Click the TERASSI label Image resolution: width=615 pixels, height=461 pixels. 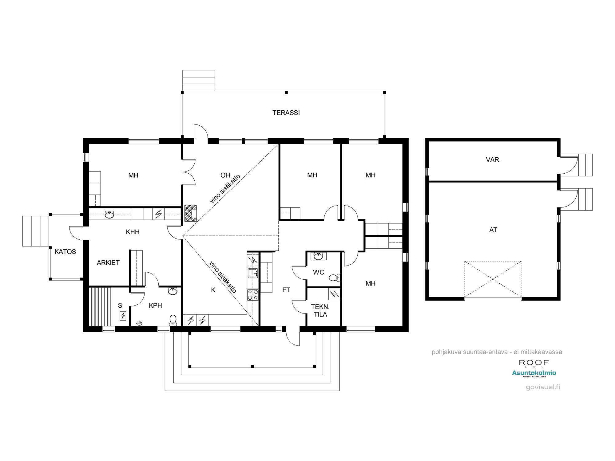[286, 113]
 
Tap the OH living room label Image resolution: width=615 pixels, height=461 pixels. [225, 175]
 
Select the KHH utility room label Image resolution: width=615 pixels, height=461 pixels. [133, 232]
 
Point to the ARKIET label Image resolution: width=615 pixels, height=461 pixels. [108, 263]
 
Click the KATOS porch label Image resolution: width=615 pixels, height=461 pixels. [65, 252]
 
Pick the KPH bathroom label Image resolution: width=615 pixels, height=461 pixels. [155, 305]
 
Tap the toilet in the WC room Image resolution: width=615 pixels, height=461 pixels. [335, 278]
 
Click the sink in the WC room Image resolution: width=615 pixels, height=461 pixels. [318, 256]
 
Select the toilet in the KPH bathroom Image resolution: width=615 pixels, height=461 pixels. [173, 320]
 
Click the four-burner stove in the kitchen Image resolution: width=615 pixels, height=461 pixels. [253, 295]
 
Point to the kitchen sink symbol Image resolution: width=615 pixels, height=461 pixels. [253, 273]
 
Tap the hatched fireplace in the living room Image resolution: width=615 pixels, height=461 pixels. [190, 213]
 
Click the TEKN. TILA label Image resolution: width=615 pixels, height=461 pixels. [320, 310]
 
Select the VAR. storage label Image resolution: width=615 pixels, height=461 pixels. [493, 160]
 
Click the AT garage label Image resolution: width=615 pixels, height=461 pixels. [493, 230]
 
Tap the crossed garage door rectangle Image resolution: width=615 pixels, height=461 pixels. [493, 279]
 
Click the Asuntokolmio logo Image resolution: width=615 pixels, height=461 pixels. [534, 373]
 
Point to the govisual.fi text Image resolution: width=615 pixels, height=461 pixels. [543, 387]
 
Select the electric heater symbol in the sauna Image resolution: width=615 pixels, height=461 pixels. [123, 316]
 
